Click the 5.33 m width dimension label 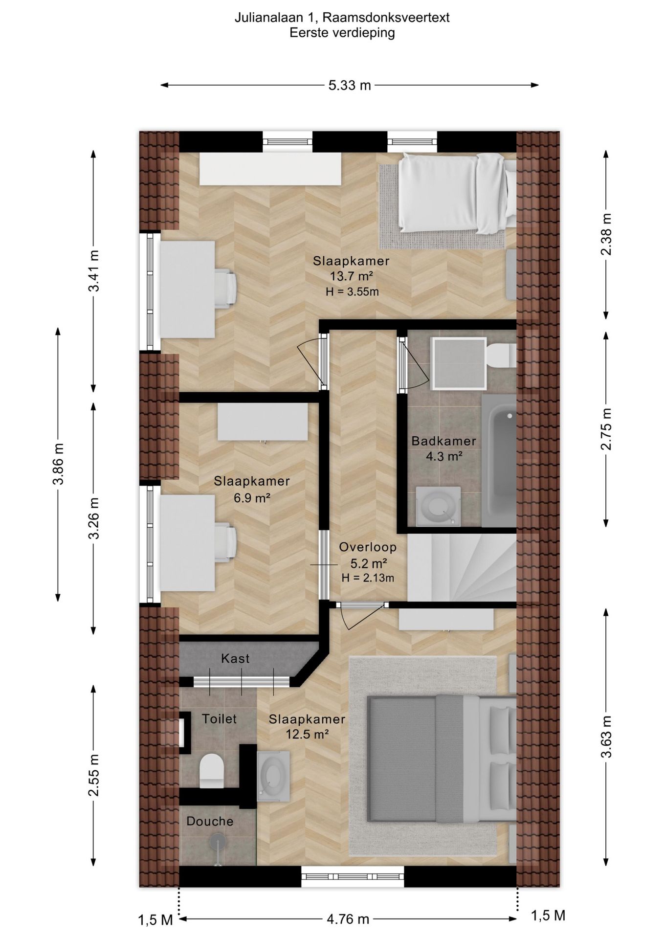(x=350, y=86)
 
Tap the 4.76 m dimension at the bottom (x=348, y=919)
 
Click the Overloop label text (x=368, y=547)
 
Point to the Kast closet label (x=235, y=658)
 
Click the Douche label (x=210, y=821)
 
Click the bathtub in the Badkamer (x=499, y=461)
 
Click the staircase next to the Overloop (x=462, y=567)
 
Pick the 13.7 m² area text (x=352, y=276)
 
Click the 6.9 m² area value (x=252, y=498)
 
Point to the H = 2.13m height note (x=368, y=578)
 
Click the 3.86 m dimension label (x=58, y=464)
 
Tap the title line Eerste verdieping (x=342, y=33)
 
